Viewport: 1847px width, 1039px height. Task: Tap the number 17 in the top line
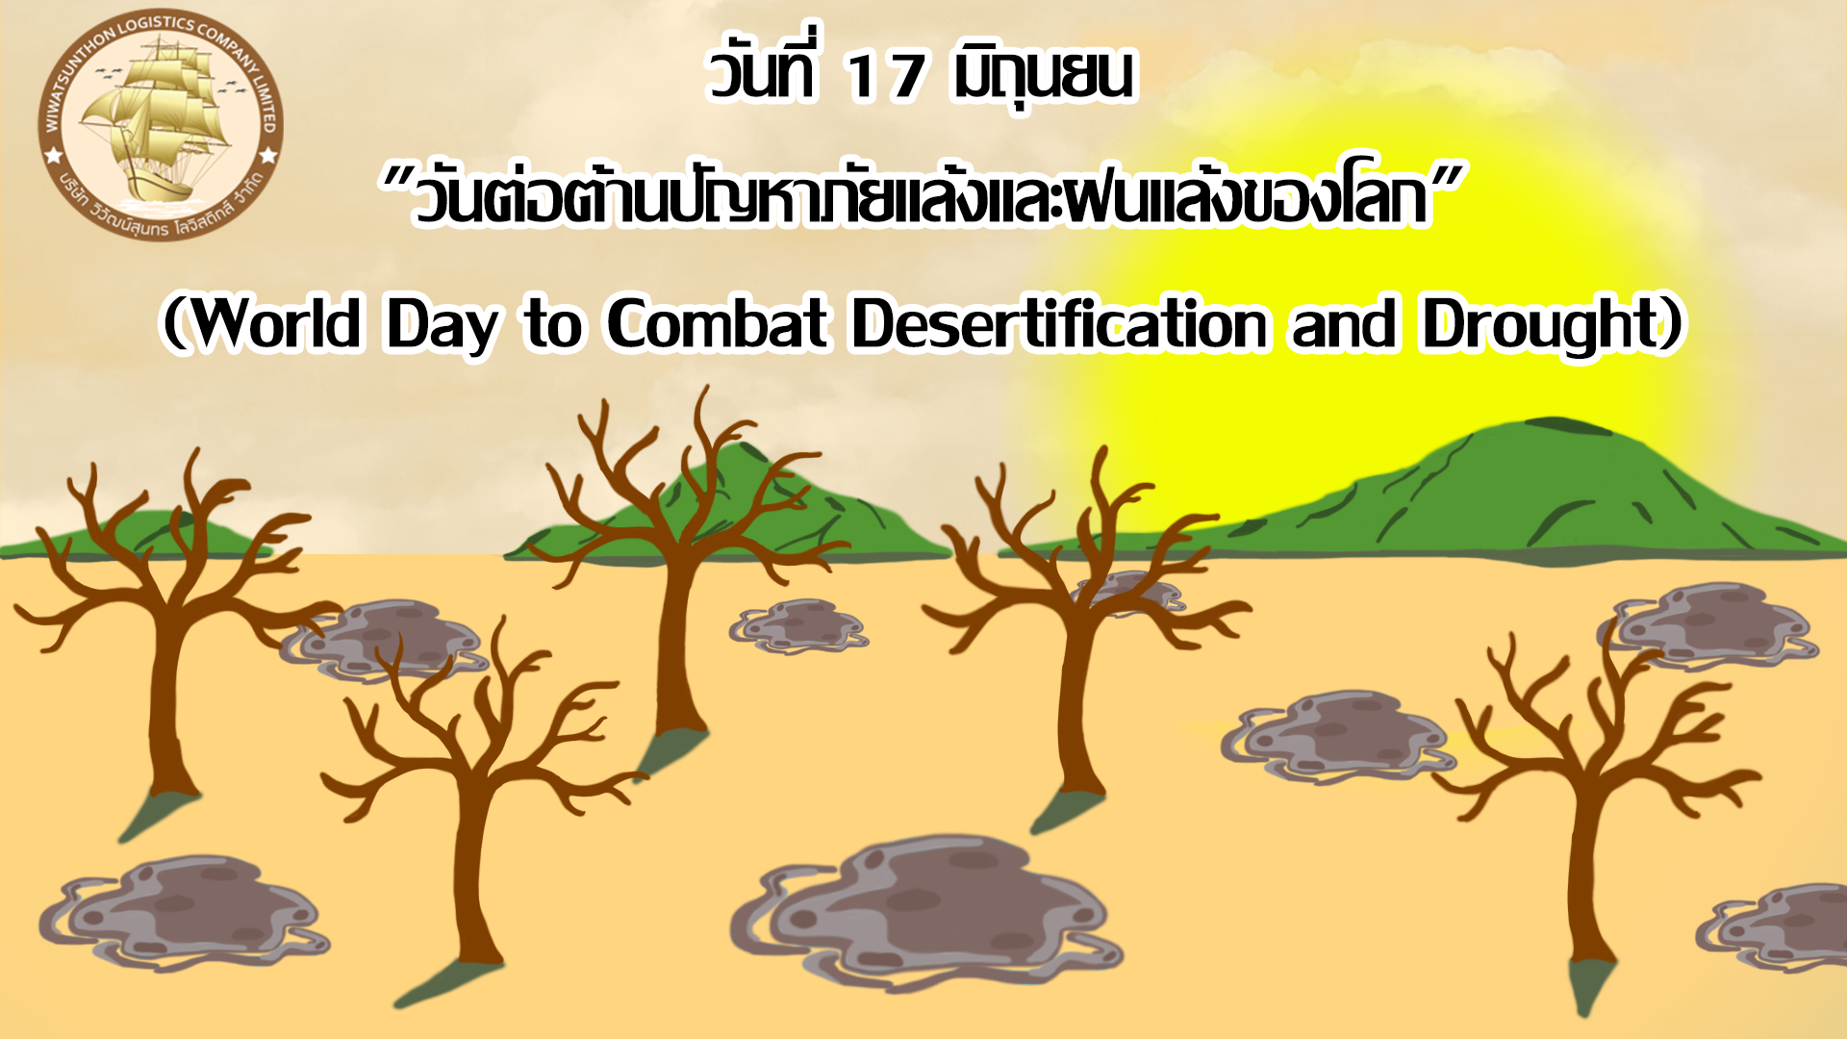pyautogui.click(x=884, y=76)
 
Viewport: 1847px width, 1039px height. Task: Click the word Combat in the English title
pyautogui.click(x=717, y=323)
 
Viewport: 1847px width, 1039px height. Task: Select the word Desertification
pyautogui.click(x=1059, y=323)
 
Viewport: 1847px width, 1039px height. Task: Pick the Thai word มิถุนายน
pyautogui.click(x=1044, y=74)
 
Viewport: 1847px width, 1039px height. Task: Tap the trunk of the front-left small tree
pyautogui.click(x=475, y=866)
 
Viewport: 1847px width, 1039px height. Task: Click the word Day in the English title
pyautogui.click(x=443, y=325)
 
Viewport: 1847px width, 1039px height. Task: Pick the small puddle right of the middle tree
pyautogui.click(x=798, y=626)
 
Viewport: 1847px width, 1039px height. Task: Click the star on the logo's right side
pyautogui.click(x=268, y=155)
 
